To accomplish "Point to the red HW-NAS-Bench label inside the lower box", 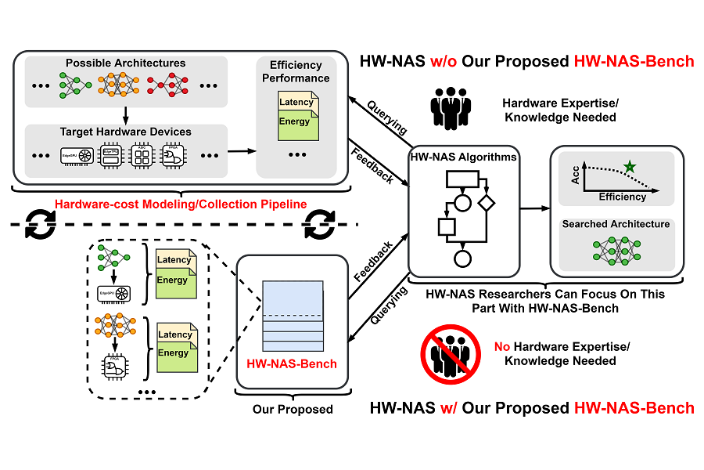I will click(292, 363).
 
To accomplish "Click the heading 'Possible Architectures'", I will click(126, 63).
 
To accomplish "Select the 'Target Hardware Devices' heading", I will click(126, 132).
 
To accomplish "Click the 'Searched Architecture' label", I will click(616, 224).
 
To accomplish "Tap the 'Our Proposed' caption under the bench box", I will click(293, 409).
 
